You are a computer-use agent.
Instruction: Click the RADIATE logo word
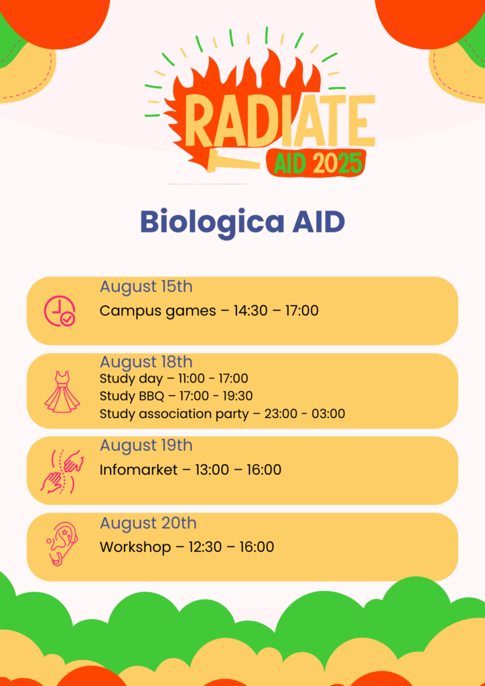tap(281, 122)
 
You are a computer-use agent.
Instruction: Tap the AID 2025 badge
tap(316, 163)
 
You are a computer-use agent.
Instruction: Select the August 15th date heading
tap(146, 287)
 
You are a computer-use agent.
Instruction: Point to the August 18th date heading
tap(146, 362)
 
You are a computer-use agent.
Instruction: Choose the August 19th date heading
tap(146, 445)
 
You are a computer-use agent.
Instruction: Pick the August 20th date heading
tap(148, 523)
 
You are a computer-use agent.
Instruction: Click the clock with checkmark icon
tap(60, 311)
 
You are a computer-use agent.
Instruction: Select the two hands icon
tap(62, 471)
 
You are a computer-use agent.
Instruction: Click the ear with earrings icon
tap(62, 544)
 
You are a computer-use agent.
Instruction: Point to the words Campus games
tap(158, 311)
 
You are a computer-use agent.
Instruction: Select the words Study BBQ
tap(132, 396)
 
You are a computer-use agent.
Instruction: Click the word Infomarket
tap(139, 470)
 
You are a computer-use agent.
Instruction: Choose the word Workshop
tap(135, 547)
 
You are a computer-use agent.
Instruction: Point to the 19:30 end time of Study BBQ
tap(236, 396)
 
